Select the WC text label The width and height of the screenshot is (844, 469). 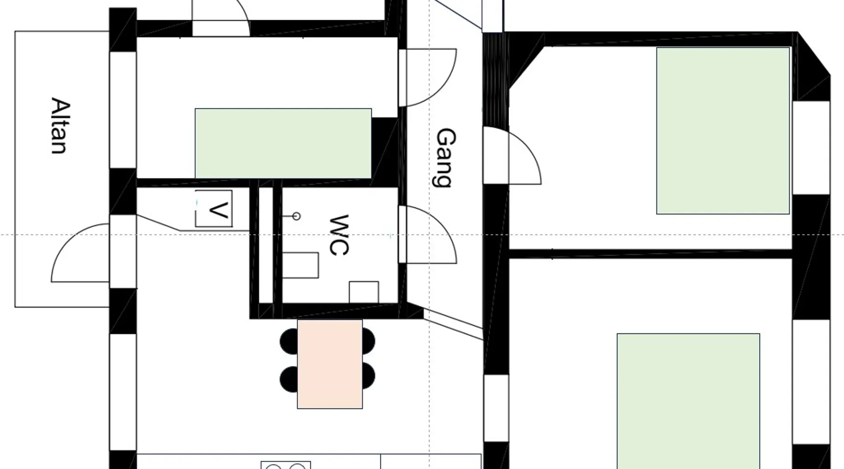339,235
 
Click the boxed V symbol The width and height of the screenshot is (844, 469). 214,209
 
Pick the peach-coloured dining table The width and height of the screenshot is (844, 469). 330,364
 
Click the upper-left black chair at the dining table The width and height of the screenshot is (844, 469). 289,341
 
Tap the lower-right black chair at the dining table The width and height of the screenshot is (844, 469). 368,376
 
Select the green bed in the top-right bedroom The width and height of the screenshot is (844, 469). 723,131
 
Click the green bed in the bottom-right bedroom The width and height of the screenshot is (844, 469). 688,401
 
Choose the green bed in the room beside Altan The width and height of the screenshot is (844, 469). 283,144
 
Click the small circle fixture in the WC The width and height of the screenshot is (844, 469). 296,216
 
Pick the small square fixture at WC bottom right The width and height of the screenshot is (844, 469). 364,292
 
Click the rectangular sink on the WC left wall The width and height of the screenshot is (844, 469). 301,265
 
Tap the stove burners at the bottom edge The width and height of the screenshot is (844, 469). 286,465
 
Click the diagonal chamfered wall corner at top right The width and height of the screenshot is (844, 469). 814,53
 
